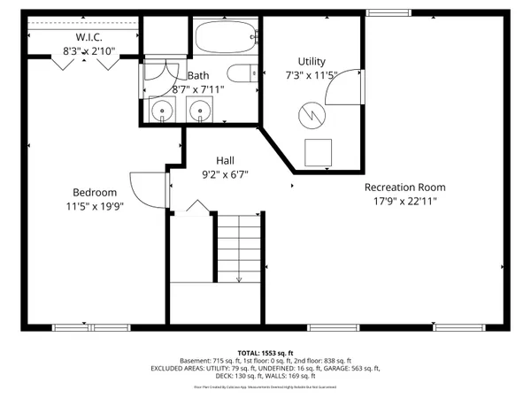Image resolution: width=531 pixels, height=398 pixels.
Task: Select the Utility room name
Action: pyautogui.click(x=312, y=61)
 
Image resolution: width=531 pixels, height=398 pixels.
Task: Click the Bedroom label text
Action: pyautogui.click(x=94, y=193)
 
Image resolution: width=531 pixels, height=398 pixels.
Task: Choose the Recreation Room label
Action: pyautogui.click(x=405, y=188)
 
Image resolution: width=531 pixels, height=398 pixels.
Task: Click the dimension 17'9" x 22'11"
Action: pyautogui.click(x=405, y=202)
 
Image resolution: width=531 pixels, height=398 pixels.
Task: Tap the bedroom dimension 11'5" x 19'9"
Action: pyautogui.click(x=94, y=207)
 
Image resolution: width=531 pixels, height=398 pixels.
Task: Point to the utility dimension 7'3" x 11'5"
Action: pyautogui.click(x=312, y=75)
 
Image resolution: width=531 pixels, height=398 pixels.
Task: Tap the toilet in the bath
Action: pyautogui.click(x=240, y=74)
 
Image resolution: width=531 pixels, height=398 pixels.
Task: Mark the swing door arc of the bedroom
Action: pyautogui.click(x=144, y=188)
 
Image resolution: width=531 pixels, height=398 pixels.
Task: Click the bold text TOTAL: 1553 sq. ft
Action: pyautogui.click(x=265, y=351)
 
